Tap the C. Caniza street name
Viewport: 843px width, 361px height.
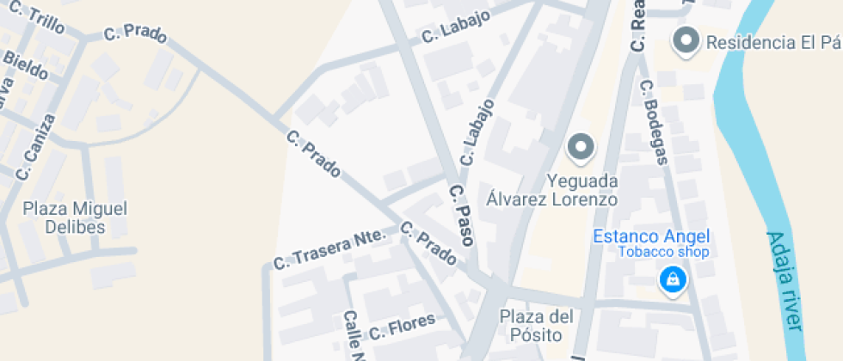(x=35, y=146)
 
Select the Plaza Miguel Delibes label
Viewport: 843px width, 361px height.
(x=76, y=217)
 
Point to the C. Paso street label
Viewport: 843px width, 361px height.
(x=462, y=215)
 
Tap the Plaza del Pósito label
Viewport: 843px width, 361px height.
(x=536, y=326)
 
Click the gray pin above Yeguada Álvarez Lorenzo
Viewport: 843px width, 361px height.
(x=581, y=148)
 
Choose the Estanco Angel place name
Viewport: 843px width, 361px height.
(x=651, y=236)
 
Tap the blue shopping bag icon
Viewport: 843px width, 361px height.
(x=671, y=278)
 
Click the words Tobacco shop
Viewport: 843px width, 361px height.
(x=663, y=252)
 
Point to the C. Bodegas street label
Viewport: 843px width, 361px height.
(x=654, y=120)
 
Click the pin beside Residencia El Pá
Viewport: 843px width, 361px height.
(x=686, y=40)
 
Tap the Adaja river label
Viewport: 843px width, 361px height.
(x=785, y=280)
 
